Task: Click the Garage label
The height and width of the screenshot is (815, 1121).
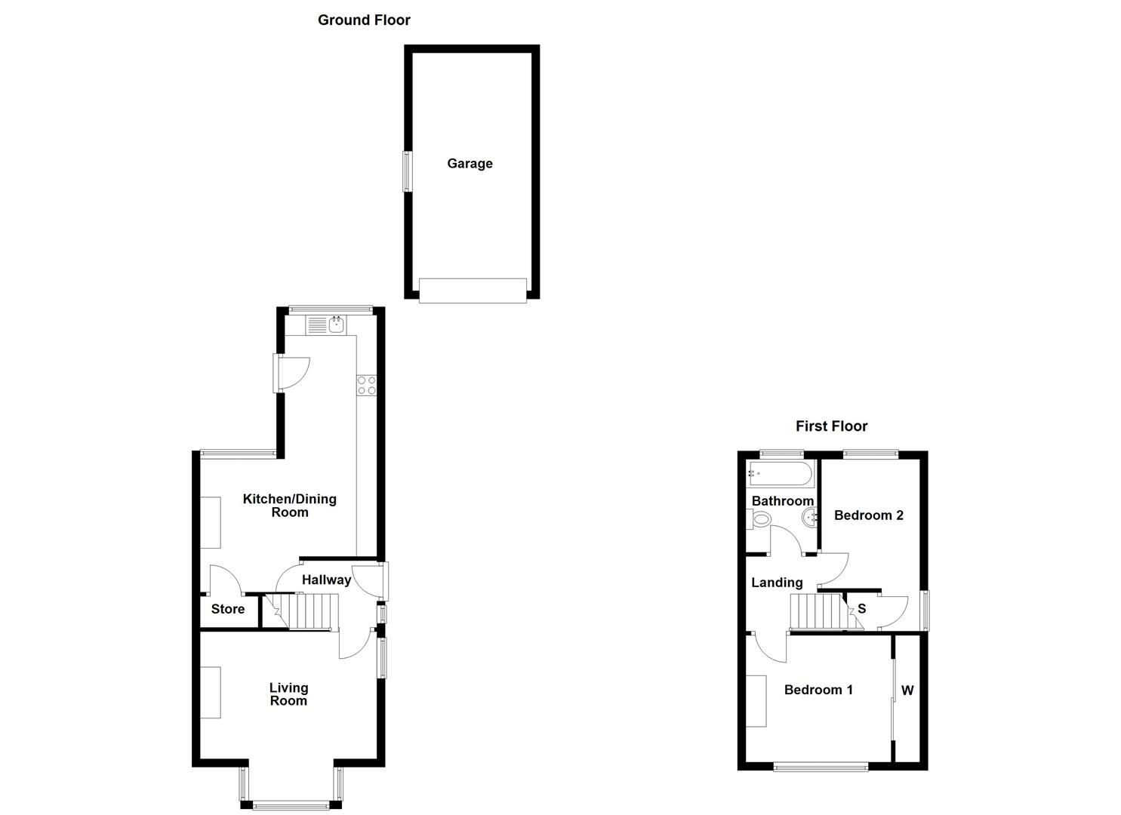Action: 470,164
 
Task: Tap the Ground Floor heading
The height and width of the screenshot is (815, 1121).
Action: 364,20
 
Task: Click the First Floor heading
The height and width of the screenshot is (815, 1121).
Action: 831,426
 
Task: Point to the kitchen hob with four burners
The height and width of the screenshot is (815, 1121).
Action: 367,385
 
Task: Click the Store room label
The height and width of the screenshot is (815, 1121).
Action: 227,609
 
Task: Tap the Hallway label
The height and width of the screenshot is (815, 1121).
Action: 326,580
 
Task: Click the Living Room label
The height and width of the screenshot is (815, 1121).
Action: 288,694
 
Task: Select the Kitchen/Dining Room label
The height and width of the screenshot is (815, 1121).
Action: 289,506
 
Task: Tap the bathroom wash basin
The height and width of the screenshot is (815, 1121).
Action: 809,518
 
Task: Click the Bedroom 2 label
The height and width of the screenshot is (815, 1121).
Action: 868,515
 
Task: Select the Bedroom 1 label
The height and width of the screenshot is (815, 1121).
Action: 818,690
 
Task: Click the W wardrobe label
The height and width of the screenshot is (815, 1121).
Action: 907,690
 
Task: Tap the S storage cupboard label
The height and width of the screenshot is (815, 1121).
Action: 861,609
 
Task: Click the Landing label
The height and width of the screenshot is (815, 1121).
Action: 777,583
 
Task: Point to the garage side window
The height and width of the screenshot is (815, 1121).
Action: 408,171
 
